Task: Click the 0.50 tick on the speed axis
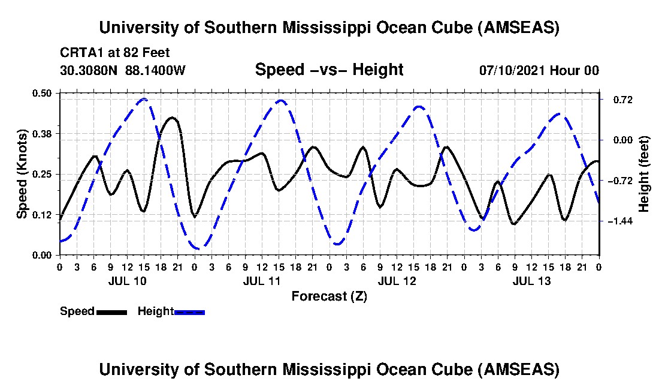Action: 46,92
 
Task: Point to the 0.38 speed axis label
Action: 46,133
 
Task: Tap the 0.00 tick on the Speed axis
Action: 46,255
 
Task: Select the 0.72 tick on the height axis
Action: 618,100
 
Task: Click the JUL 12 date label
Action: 397,281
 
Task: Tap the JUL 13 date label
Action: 531,281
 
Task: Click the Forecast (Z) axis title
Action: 329,296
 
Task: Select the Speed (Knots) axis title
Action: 22,173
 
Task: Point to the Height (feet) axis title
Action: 644,174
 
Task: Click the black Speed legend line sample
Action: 111,312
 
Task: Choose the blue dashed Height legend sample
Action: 189,312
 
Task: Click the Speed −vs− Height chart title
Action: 329,70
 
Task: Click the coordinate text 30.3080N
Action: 90,70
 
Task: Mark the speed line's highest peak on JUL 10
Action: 172,118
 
